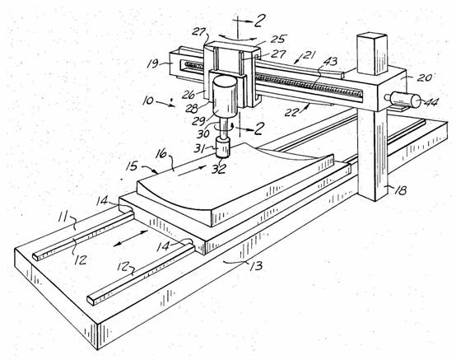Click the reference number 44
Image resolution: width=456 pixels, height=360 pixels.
[431, 102]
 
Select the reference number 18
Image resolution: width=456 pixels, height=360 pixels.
[400, 190]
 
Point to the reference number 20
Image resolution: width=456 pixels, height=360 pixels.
[424, 77]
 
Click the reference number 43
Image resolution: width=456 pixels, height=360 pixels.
[330, 62]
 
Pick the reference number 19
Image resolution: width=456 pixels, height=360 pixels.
[152, 63]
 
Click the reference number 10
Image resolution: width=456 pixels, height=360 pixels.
[148, 101]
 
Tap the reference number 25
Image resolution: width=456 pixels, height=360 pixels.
[279, 40]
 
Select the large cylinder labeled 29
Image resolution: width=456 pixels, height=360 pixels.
[225, 96]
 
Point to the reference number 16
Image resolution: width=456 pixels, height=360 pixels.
[161, 154]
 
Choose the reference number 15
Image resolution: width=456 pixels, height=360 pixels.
[132, 166]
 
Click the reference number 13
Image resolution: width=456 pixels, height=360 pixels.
[257, 266]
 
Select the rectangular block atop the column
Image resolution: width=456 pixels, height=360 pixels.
[372, 54]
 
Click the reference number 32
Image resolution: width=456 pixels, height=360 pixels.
[219, 169]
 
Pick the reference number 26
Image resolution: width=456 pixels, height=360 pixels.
[188, 94]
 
